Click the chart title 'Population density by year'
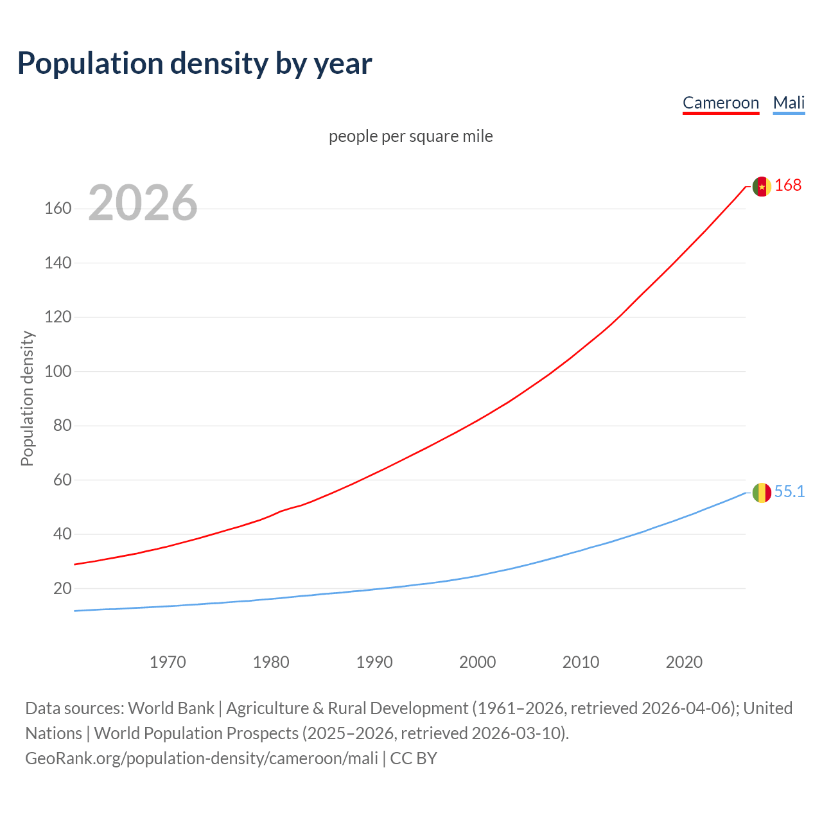pyautogui.click(x=195, y=64)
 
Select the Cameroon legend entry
pyautogui.click(x=721, y=103)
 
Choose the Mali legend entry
pyautogui.click(x=789, y=103)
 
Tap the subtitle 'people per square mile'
pyautogui.click(x=411, y=136)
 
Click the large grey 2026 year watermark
pyautogui.click(x=143, y=203)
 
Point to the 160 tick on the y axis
pyautogui.click(x=58, y=209)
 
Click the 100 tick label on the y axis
pyautogui.click(x=58, y=371)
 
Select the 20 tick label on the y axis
pyautogui.click(x=62, y=588)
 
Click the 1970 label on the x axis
pyautogui.click(x=168, y=662)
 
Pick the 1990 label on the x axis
pyautogui.click(x=374, y=662)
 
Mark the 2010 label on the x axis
pyautogui.click(x=581, y=662)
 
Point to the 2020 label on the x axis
pyautogui.click(x=684, y=662)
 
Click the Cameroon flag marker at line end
pyautogui.click(x=762, y=186)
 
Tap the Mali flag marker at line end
pyautogui.click(x=762, y=493)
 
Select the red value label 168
pyautogui.click(x=788, y=186)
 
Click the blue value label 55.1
pyautogui.click(x=789, y=492)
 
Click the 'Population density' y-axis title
pyautogui.click(x=27, y=398)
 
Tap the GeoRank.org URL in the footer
pyautogui.click(x=202, y=758)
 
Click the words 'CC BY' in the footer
pyautogui.click(x=414, y=758)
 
